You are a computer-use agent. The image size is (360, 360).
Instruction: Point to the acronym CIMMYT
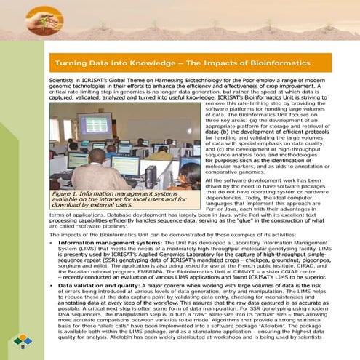[x=246, y=271]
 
